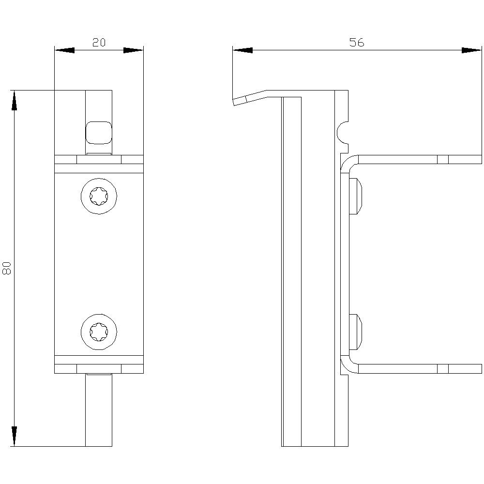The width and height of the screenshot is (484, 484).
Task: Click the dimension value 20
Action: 99,42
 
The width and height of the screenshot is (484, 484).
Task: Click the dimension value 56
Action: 357,42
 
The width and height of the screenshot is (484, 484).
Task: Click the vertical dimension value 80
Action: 7,268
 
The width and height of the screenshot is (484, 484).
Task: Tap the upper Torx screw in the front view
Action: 99,196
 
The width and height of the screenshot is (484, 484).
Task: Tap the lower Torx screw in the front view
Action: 99,332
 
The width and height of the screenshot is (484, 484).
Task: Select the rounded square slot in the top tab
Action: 99,133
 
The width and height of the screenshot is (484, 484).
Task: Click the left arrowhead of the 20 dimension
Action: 64,50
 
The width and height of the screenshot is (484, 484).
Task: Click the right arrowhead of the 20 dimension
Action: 134,50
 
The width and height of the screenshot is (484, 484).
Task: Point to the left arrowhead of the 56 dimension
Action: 242,50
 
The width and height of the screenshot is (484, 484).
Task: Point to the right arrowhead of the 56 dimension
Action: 471,50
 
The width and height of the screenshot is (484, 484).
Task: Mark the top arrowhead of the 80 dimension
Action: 14,100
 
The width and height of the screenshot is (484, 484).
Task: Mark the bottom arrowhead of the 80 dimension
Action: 14,436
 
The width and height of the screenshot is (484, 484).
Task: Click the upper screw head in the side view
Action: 355,196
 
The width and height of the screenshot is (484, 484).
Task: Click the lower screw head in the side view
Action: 355,332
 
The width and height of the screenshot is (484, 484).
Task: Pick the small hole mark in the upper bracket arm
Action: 443,159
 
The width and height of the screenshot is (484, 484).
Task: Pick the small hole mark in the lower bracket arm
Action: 443,369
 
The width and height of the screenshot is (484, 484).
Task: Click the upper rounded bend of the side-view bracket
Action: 347,161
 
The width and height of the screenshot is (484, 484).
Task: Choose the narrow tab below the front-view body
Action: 99,410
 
